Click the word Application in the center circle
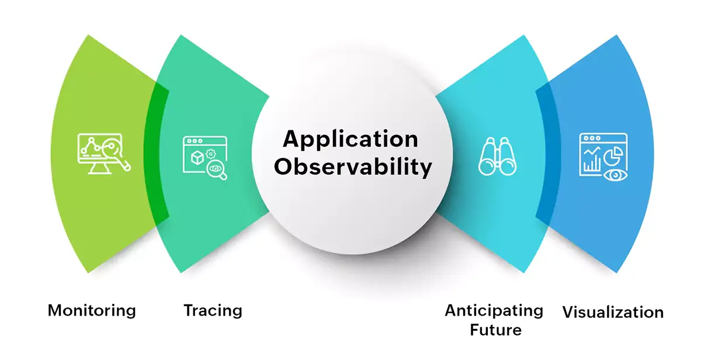[350, 140]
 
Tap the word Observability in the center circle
[353, 167]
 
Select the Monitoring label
[92, 310]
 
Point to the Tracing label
[213, 310]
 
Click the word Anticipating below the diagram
[494, 310]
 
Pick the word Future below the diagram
[495, 330]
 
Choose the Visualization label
[613, 312]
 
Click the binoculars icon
[498, 157]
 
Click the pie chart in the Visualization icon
[613, 157]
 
